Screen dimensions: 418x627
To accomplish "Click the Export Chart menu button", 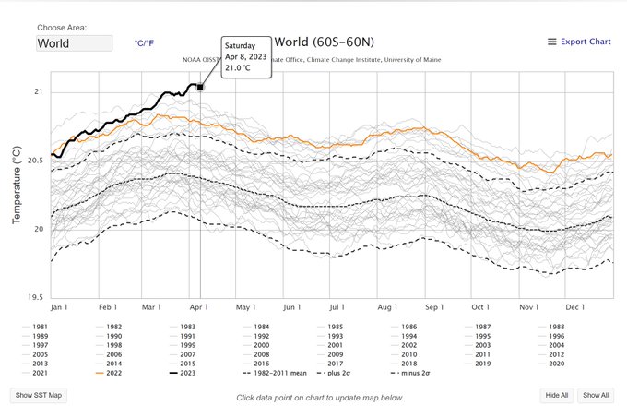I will click(x=579, y=42).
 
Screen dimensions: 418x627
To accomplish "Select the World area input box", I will click(x=75, y=43).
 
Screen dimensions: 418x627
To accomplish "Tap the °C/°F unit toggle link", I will click(x=145, y=43).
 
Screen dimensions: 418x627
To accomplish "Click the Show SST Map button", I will click(x=38, y=395).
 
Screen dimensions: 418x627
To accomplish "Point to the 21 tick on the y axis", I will click(x=38, y=92).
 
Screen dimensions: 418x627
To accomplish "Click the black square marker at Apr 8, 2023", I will click(x=200, y=87).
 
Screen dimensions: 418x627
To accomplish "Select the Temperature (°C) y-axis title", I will click(x=16, y=185).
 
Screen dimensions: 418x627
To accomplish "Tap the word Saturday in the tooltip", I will click(x=243, y=44).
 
